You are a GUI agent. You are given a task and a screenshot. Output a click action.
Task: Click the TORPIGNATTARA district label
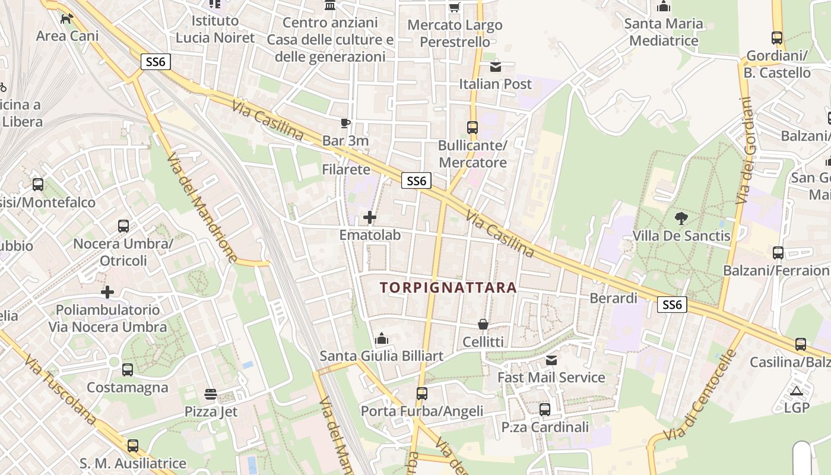[x=448, y=288]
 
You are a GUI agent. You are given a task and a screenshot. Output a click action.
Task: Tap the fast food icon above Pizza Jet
[x=210, y=394]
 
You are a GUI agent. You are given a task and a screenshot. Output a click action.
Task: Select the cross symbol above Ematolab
[x=370, y=217]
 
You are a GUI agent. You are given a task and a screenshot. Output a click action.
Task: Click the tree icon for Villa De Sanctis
[x=681, y=218]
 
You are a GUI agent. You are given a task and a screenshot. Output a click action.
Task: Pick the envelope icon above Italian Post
[x=496, y=66]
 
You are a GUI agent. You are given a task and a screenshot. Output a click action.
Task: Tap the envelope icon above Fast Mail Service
[x=551, y=360]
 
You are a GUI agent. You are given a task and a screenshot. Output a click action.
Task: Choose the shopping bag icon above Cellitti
[x=483, y=324]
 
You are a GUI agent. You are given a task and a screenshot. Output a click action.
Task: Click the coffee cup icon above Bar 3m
[x=345, y=123]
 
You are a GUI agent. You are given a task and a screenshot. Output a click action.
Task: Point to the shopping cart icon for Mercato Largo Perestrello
[x=455, y=8]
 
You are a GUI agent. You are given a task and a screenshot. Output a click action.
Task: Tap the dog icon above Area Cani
[x=67, y=18]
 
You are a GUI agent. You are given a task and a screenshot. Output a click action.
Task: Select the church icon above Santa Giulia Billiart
[x=382, y=338]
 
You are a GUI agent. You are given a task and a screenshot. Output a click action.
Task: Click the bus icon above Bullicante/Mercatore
[x=472, y=128]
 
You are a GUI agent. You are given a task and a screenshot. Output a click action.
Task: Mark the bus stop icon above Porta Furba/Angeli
[x=422, y=393]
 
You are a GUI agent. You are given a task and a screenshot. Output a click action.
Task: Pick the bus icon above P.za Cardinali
[x=545, y=409]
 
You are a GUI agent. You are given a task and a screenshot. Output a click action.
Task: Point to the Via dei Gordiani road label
[x=746, y=151]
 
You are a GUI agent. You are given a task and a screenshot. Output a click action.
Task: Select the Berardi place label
[x=613, y=298]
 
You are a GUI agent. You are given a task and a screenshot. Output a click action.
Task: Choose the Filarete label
[x=346, y=170]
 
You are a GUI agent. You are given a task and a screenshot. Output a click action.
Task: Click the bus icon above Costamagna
[x=128, y=370]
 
